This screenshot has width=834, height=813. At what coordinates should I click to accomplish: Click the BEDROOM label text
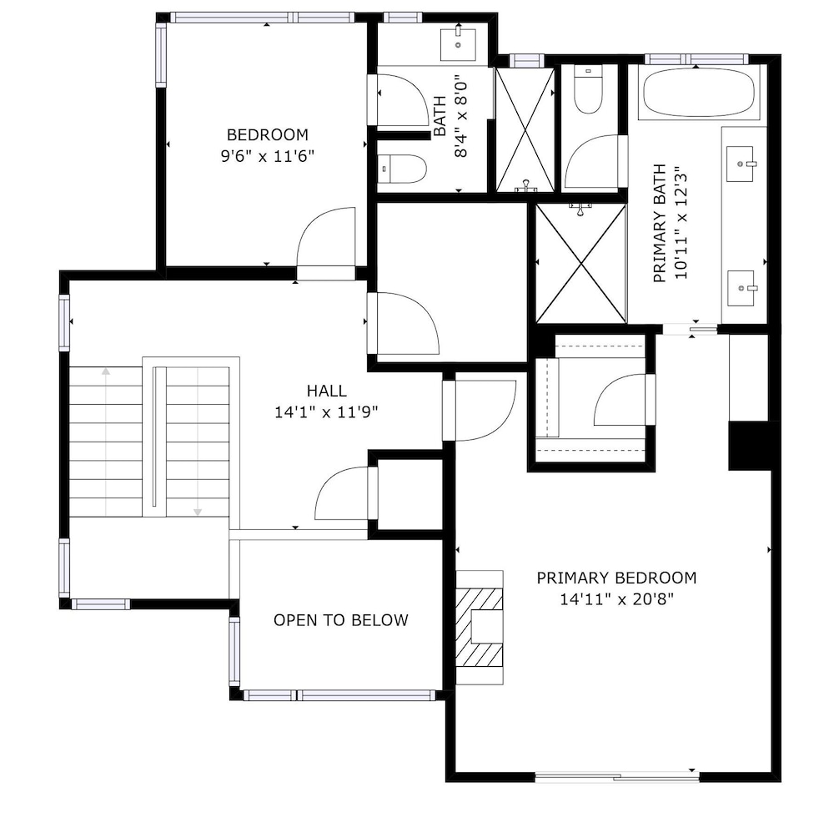pyautogui.click(x=268, y=134)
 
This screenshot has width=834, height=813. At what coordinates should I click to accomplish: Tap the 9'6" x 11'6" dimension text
pyautogui.click(x=268, y=157)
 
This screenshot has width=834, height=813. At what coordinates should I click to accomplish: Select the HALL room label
pyautogui.click(x=327, y=391)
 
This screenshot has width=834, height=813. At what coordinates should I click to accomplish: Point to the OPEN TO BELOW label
pyautogui.click(x=341, y=620)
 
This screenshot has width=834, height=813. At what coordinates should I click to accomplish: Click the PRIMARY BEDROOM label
pyautogui.click(x=616, y=578)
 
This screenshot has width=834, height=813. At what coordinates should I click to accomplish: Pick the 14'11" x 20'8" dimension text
pyautogui.click(x=616, y=600)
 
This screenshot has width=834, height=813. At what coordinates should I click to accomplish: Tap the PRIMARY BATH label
pyautogui.click(x=660, y=223)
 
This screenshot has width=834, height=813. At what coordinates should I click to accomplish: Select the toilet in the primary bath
pyautogui.click(x=588, y=90)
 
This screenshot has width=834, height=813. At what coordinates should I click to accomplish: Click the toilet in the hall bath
pyautogui.click(x=402, y=169)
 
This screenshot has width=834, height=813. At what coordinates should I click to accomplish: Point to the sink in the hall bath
pyautogui.click(x=458, y=45)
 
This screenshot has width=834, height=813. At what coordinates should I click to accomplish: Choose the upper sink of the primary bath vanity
pyautogui.click(x=741, y=164)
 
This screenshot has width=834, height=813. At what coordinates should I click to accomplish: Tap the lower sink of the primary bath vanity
pyautogui.click(x=741, y=288)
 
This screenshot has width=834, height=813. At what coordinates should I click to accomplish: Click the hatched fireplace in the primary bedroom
pyautogui.click(x=479, y=627)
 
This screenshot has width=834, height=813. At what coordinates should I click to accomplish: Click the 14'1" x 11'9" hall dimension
pyautogui.click(x=327, y=412)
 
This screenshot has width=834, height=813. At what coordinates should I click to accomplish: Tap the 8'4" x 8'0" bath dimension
pyautogui.click(x=460, y=116)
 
